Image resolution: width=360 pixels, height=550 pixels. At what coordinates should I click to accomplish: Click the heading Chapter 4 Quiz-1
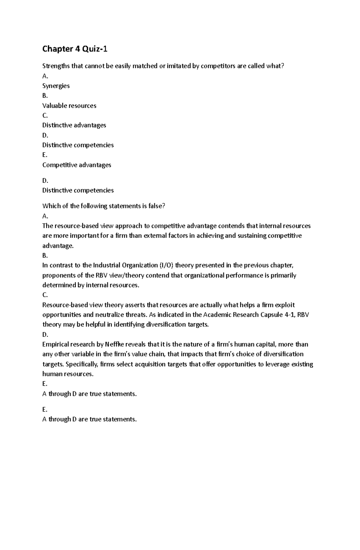[75, 49]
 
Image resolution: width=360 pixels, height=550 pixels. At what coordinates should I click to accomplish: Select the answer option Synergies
[56, 86]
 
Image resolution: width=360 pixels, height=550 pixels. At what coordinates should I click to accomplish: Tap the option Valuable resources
[69, 106]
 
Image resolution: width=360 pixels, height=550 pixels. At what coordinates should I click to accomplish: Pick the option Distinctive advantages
[74, 125]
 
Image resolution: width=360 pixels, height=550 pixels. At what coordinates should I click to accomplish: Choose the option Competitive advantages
[76, 165]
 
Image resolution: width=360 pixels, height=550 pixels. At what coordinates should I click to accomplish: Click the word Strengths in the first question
[56, 66]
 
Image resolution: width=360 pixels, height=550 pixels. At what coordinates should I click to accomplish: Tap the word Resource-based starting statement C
[61, 305]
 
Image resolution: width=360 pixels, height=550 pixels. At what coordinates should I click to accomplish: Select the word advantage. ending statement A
[58, 246]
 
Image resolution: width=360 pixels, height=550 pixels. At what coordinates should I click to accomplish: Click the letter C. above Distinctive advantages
[45, 115]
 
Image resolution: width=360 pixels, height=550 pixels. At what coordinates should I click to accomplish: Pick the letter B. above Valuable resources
[45, 96]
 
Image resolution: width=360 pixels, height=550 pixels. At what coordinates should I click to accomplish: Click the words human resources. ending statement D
[68, 374]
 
